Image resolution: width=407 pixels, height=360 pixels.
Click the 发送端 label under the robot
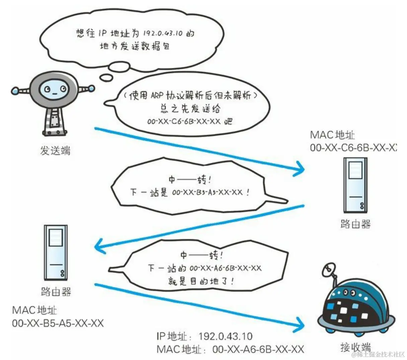[x=55, y=151]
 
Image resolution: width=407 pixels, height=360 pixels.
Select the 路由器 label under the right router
[x=355, y=223]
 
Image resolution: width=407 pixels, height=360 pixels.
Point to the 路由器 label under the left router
[x=56, y=291]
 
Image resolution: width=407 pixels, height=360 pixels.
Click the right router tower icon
[x=355, y=185]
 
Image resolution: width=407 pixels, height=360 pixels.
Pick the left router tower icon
[x=56, y=253]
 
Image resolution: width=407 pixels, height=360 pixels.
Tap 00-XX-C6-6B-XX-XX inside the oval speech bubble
[x=184, y=121]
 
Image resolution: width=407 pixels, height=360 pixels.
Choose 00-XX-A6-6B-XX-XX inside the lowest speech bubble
[x=225, y=268]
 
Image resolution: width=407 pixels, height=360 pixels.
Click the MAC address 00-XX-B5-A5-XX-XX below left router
[x=58, y=323]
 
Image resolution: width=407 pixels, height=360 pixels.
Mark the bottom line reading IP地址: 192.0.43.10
[x=204, y=336]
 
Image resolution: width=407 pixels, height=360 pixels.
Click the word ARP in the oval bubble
[x=157, y=95]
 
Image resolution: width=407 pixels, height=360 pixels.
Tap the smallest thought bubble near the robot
[x=106, y=78]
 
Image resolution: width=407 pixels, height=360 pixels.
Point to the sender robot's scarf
[x=56, y=117]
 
